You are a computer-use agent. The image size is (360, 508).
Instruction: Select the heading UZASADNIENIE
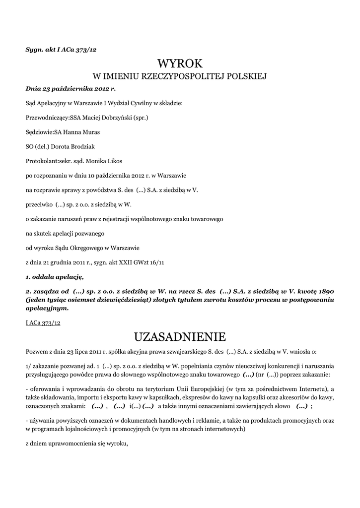tap(180, 337)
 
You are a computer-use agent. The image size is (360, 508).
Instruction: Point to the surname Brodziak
tap(94, 147)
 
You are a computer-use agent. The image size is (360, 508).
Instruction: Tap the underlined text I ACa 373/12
tap(43, 322)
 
